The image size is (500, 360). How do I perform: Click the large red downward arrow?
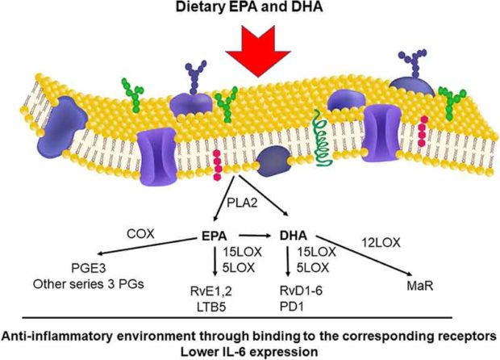[258, 51]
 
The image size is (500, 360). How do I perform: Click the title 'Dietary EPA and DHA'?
[249, 7]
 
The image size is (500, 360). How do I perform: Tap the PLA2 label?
[242, 203]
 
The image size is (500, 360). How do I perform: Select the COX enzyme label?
[140, 234]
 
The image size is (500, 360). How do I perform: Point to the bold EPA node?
[214, 237]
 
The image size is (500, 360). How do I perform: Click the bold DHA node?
[294, 236]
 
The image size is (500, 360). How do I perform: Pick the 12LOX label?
[381, 243]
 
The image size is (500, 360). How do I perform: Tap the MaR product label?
[420, 286]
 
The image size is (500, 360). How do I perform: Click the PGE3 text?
[89, 268]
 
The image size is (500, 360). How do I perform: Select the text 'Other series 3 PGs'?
[89, 284]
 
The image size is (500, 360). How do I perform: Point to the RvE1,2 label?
[211, 291]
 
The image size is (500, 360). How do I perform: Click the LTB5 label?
[211, 307]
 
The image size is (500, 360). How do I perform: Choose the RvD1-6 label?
[301, 291]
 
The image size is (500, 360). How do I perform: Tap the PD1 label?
[292, 307]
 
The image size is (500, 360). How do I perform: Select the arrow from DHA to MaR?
[364, 256]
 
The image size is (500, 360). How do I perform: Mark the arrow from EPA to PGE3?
[146, 246]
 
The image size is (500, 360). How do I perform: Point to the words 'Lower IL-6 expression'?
[249, 352]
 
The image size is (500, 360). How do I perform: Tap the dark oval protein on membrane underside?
[273, 161]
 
